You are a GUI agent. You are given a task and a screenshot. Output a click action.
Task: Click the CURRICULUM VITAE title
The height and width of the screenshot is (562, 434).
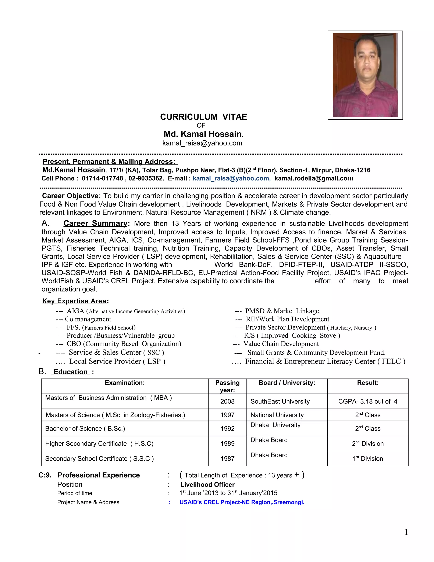203,117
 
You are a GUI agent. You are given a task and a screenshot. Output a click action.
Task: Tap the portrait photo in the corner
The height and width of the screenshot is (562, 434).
365,75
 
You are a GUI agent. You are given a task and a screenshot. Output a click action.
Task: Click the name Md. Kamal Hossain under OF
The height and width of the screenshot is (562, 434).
203,134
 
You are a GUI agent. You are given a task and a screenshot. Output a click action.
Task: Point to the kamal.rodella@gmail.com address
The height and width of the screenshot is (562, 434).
314,178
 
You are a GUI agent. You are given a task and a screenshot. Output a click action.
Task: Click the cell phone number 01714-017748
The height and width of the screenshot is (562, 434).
102,178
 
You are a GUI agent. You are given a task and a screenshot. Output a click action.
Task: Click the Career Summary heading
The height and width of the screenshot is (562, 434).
95,223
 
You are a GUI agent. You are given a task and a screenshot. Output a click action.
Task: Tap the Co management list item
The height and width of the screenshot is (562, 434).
88,319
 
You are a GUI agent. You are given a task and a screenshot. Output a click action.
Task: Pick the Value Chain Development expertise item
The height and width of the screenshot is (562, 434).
281,344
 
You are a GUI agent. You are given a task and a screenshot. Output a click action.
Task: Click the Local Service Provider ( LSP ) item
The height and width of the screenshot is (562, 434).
117,361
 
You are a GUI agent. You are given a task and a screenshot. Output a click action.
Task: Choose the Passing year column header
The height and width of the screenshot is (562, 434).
227,386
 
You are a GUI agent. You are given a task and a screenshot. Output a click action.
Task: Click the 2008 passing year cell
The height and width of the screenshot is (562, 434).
227,401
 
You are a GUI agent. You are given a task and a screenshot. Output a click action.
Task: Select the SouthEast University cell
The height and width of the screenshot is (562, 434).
280,401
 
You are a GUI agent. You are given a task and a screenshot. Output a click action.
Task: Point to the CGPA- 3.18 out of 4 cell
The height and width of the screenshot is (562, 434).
368,401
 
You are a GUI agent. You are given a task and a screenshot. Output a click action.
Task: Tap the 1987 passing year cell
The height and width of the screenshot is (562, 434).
227,459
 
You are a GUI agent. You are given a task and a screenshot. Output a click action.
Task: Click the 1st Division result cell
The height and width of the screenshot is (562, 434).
368,459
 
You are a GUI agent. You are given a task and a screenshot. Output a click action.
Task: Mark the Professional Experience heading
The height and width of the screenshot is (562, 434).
99,475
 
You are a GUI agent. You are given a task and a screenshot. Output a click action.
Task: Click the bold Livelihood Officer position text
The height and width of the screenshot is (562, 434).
207,485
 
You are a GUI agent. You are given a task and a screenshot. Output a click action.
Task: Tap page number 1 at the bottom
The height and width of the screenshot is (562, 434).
406,532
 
